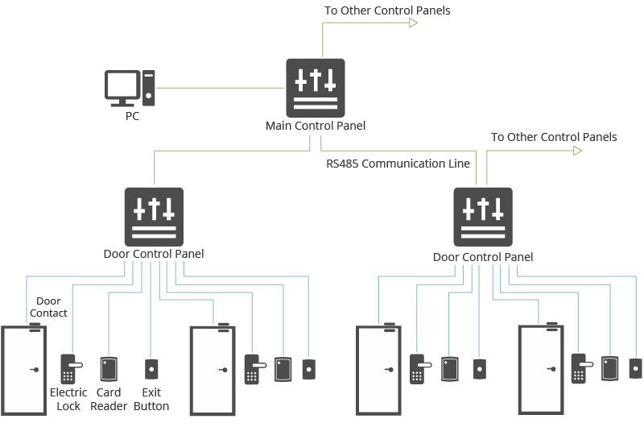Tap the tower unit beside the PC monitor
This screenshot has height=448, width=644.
pyautogui.click(x=150, y=87)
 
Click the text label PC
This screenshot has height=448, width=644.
pyautogui.click(x=132, y=116)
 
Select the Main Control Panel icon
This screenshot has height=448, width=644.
pyautogui.click(x=316, y=87)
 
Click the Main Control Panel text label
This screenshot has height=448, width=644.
pyautogui.click(x=316, y=126)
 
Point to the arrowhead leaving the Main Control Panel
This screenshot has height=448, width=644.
pyautogui.click(x=414, y=23)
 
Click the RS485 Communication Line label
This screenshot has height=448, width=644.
pyautogui.click(x=398, y=164)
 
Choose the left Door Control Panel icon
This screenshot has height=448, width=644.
pyautogui.click(x=154, y=216)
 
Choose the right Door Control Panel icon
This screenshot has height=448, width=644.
pyautogui.click(x=483, y=216)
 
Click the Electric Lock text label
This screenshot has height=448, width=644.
pyautogui.click(x=68, y=400)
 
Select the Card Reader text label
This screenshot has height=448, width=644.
pyautogui.click(x=109, y=400)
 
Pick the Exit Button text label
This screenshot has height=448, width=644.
pyautogui.click(x=151, y=400)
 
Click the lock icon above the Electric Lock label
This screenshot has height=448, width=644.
pyautogui.click(x=69, y=369)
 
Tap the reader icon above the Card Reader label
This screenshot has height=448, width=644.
pyautogui.click(x=109, y=369)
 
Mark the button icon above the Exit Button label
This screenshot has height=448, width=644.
pyautogui.click(x=151, y=369)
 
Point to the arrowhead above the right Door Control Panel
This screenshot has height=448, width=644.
pyautogui.click(x=577, y=151)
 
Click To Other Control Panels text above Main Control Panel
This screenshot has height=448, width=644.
pyautogui.click(x=387, y=10)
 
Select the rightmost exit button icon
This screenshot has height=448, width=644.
pyautogui.click(x=636, y=368)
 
